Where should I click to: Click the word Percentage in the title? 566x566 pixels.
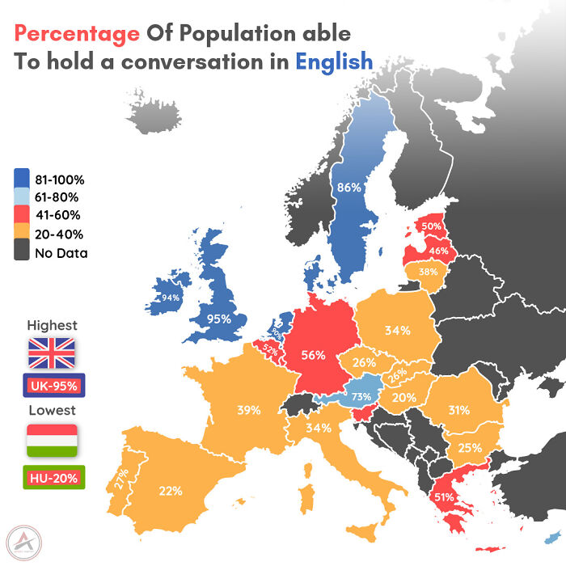tap(77, 34)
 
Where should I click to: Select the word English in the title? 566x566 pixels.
tap(334, 61)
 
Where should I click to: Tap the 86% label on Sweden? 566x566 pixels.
tap(348, 188)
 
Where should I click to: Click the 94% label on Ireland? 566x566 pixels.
tap(170, 298)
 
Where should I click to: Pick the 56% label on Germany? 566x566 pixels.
tap(313, 354)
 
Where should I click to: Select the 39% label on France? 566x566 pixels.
tap(248, 410)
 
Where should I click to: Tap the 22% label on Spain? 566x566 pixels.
tap(171, 490)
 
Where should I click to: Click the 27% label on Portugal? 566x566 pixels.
tap(121, 479)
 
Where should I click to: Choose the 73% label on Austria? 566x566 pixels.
tap(361, 396)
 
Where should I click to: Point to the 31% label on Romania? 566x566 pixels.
tap(458, 410)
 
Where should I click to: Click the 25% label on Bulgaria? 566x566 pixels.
tap(470, 447)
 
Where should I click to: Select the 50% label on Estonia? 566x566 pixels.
tap(431, 226)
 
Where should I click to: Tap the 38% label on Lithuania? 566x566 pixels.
tap(429, 272)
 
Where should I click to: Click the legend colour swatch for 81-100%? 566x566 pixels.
tap(22, 180)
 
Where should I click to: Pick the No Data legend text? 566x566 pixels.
tap(61, 253)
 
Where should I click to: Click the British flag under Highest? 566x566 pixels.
tap(52, 353)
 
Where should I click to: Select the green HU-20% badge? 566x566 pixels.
tap(54, 478)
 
